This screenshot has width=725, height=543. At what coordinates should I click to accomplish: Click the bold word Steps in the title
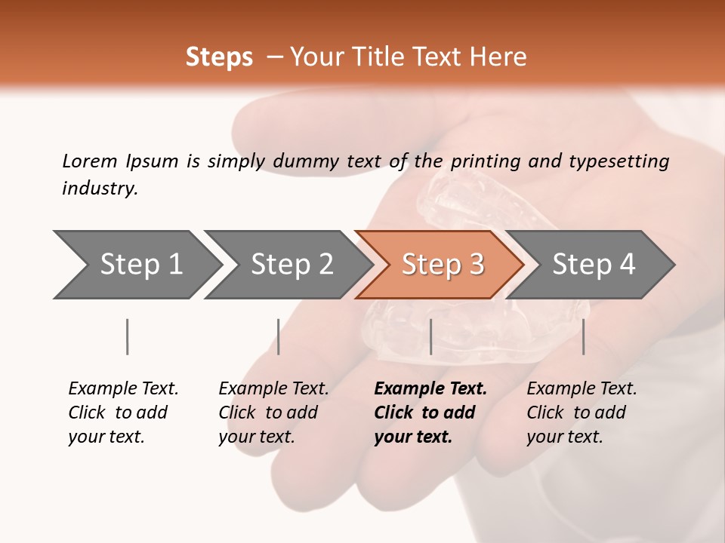pyautogui.click(x=219, y=57)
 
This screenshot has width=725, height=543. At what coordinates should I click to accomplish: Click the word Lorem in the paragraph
pyautogui.click(x=90, y=161)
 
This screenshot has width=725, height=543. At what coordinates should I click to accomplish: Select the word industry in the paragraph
pyautogui.click(x=99, y=189)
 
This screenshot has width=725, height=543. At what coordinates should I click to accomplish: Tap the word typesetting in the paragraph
pyautogui.click(x=619, y=161)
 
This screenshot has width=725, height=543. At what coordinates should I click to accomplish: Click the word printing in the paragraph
pyautogui.click(x=486, y=161)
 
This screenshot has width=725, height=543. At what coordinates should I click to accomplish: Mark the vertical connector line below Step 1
pyautogui.click(x=127, y=336)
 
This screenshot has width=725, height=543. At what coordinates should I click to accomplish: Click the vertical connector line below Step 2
pyautogui.click(x=279, y=336)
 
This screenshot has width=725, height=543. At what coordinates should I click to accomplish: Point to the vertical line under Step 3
pyautogui.click(x=430, y=336)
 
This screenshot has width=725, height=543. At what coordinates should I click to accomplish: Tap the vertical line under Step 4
pyautogui.click(x=583, y=336)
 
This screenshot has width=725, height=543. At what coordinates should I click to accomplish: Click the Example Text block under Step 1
pyautogui.click(x=123, y=413)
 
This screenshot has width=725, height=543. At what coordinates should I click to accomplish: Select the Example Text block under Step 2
pyautogui.click(x=273, y=413)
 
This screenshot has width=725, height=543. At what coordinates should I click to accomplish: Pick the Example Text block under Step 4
pyautogui.click(x=582, y=413)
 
